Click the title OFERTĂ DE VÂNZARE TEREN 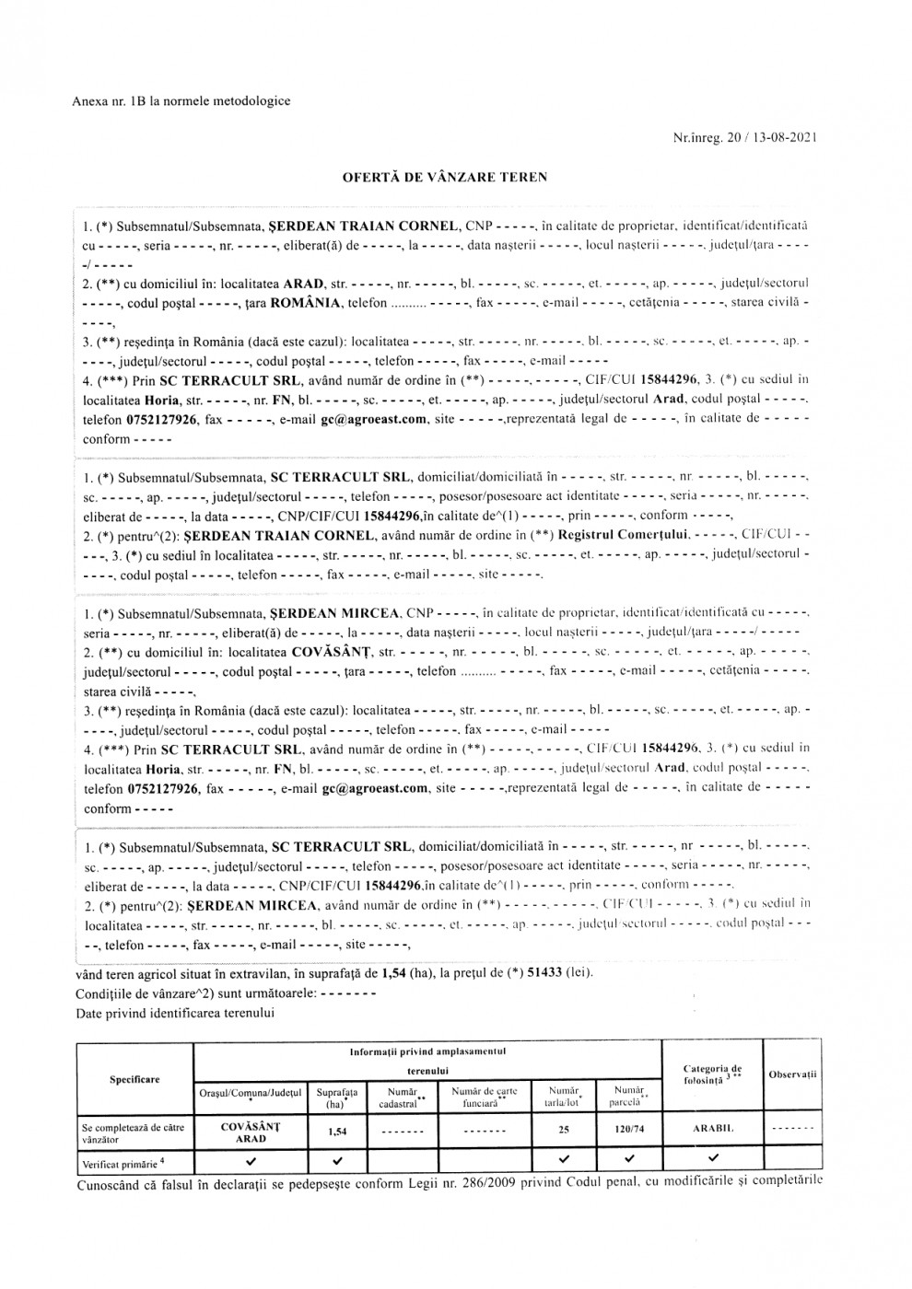[445, 178]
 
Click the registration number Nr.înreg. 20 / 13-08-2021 [745, 138]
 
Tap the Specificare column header [134, 1079]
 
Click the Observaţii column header [793, 1074]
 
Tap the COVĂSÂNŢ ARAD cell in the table [251, 1132]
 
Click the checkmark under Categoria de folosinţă [712, 1159]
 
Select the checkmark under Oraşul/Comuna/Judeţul [251, 1159]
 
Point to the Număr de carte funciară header [484, 1097]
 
